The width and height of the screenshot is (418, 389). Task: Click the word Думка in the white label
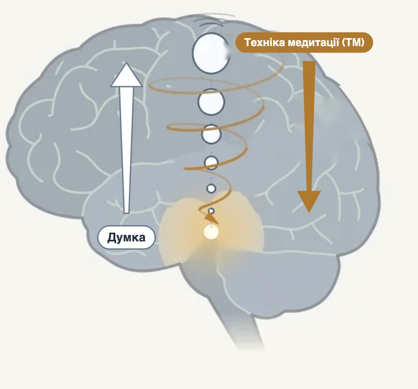[x=127, y=237]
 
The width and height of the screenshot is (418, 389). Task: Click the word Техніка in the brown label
[x=264, y=43]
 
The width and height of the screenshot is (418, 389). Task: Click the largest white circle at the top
[x=211, y=53]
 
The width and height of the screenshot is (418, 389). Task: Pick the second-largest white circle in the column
[x=211, y=102]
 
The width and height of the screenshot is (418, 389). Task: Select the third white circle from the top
[x=211, y=134]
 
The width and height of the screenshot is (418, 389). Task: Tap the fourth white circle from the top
[x=211, y=162]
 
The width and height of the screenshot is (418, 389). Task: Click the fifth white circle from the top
[x=211, y=188]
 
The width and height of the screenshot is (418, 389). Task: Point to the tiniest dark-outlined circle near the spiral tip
[x=211, y=211]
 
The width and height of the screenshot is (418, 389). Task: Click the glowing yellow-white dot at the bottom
[x=211, y=232]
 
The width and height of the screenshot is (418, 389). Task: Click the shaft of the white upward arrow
[x=127, y=150]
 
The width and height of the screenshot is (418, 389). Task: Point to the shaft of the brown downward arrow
[x=309, y=126]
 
